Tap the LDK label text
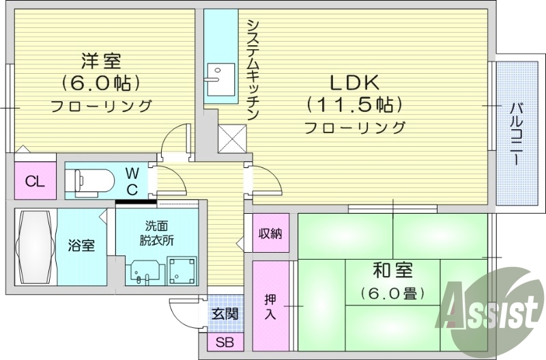coord(354,83)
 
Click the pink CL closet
coord(32,181)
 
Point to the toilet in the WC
coord(89,181)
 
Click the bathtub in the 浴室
coord(36,247)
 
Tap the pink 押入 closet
coord(270,305)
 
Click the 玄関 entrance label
coord(225,315)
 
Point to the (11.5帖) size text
coord(353,105)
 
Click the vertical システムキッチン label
coord(251,68)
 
